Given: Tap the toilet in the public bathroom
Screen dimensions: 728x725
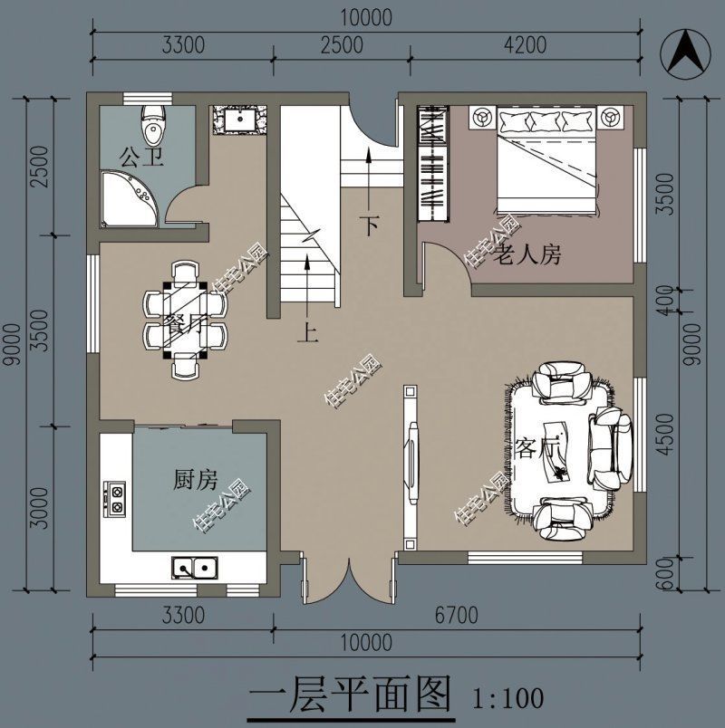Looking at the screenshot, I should [x=154, y=123].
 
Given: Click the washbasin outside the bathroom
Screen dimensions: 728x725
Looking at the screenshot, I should [x=240, y=120].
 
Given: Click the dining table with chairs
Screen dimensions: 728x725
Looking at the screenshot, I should [x=184, y=320].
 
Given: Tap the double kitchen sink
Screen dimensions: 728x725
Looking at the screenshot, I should [x=195, y=568].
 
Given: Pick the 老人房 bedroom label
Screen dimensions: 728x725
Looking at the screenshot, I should [x=527, y=255].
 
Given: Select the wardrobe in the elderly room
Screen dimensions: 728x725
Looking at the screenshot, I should [x=433, y=163].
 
